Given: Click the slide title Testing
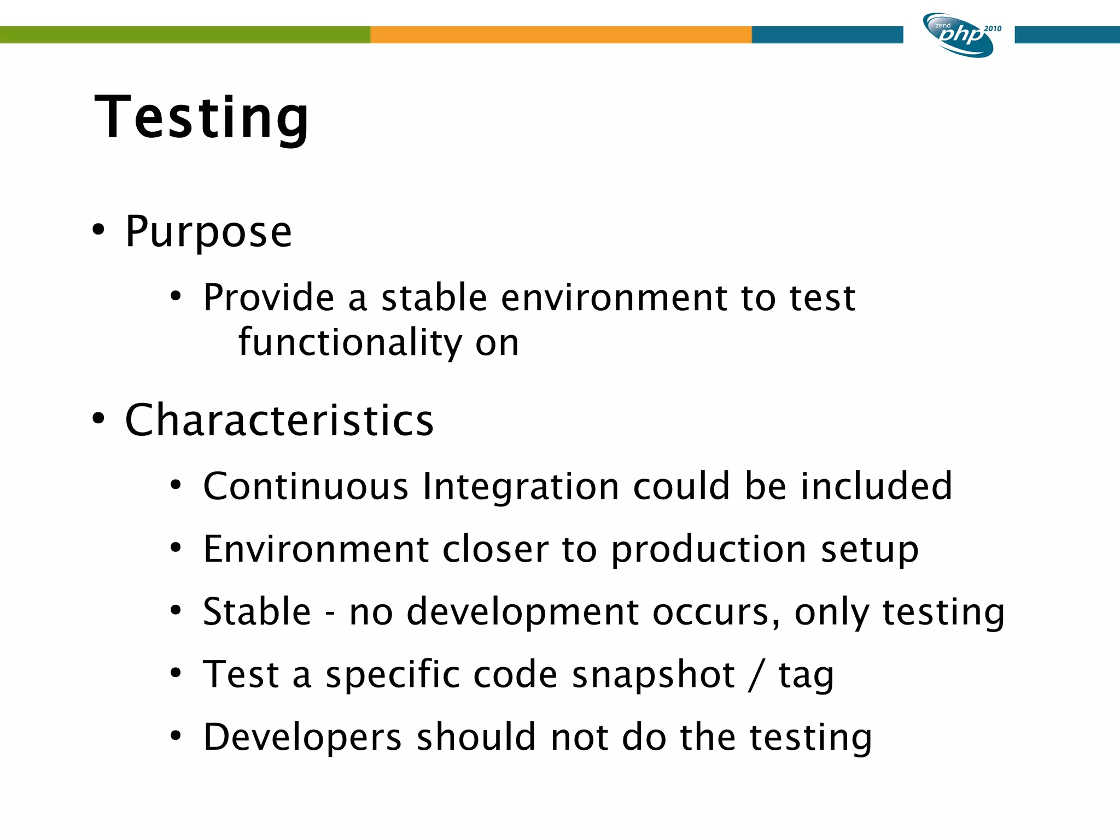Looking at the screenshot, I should pos(201,118).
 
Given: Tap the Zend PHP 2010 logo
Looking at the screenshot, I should pos(960,35).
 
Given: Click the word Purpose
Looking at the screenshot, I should pos(208,232).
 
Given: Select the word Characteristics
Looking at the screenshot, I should pos(279,420).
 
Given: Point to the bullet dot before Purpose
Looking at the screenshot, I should pos(98,230).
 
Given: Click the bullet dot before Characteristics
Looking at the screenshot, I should pos(98,419).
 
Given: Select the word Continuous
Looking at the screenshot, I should pos(305,486).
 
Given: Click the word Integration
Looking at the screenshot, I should pos(521,486).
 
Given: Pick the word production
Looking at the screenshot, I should pos(708,550).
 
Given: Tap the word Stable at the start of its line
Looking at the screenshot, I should pos(256,611).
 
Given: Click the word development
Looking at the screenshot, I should pos(522,612).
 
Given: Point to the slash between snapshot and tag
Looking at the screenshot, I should pos(756,674).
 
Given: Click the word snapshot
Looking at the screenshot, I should pos(653,674).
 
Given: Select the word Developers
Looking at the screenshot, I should pos(302,738).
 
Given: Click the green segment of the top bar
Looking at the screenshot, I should pos(185,34).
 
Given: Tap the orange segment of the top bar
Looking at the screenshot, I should pos(561,34).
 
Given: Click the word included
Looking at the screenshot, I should pos(876,486).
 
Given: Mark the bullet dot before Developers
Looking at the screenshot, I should pos(175,736).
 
